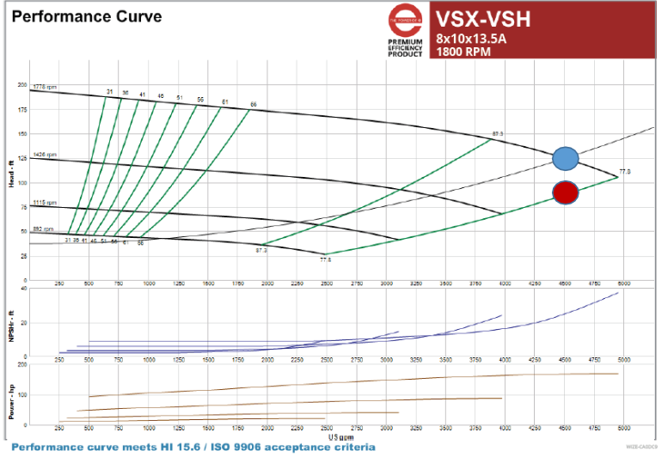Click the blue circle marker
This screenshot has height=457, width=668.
coord(565,159)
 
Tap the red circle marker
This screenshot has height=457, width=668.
coord(565,193)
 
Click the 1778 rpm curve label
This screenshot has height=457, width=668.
coord(45,88)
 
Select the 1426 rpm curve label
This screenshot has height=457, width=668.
coord(45,155)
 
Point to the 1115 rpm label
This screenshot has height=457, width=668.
coord(45,203)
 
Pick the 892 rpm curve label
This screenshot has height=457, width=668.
coord(43,228)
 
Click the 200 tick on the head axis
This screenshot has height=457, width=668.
coord(22,85)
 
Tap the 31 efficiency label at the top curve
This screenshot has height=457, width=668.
coord(109,91)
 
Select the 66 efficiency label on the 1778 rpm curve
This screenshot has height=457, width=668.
coord(253,105)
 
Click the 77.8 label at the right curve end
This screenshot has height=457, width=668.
coord(624,172)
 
